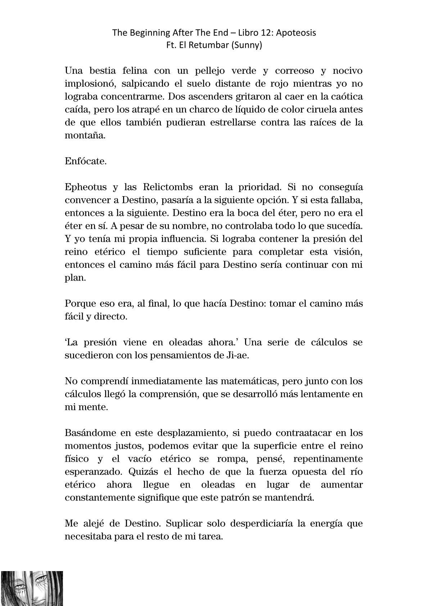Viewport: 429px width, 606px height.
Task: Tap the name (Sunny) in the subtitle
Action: [x=248, y=46]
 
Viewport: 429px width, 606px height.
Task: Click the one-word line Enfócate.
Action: [x=86, y=161]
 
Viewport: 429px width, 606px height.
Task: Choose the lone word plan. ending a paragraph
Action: [x=75, y=278]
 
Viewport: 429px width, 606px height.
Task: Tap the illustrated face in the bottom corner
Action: [x=31, y=588]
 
